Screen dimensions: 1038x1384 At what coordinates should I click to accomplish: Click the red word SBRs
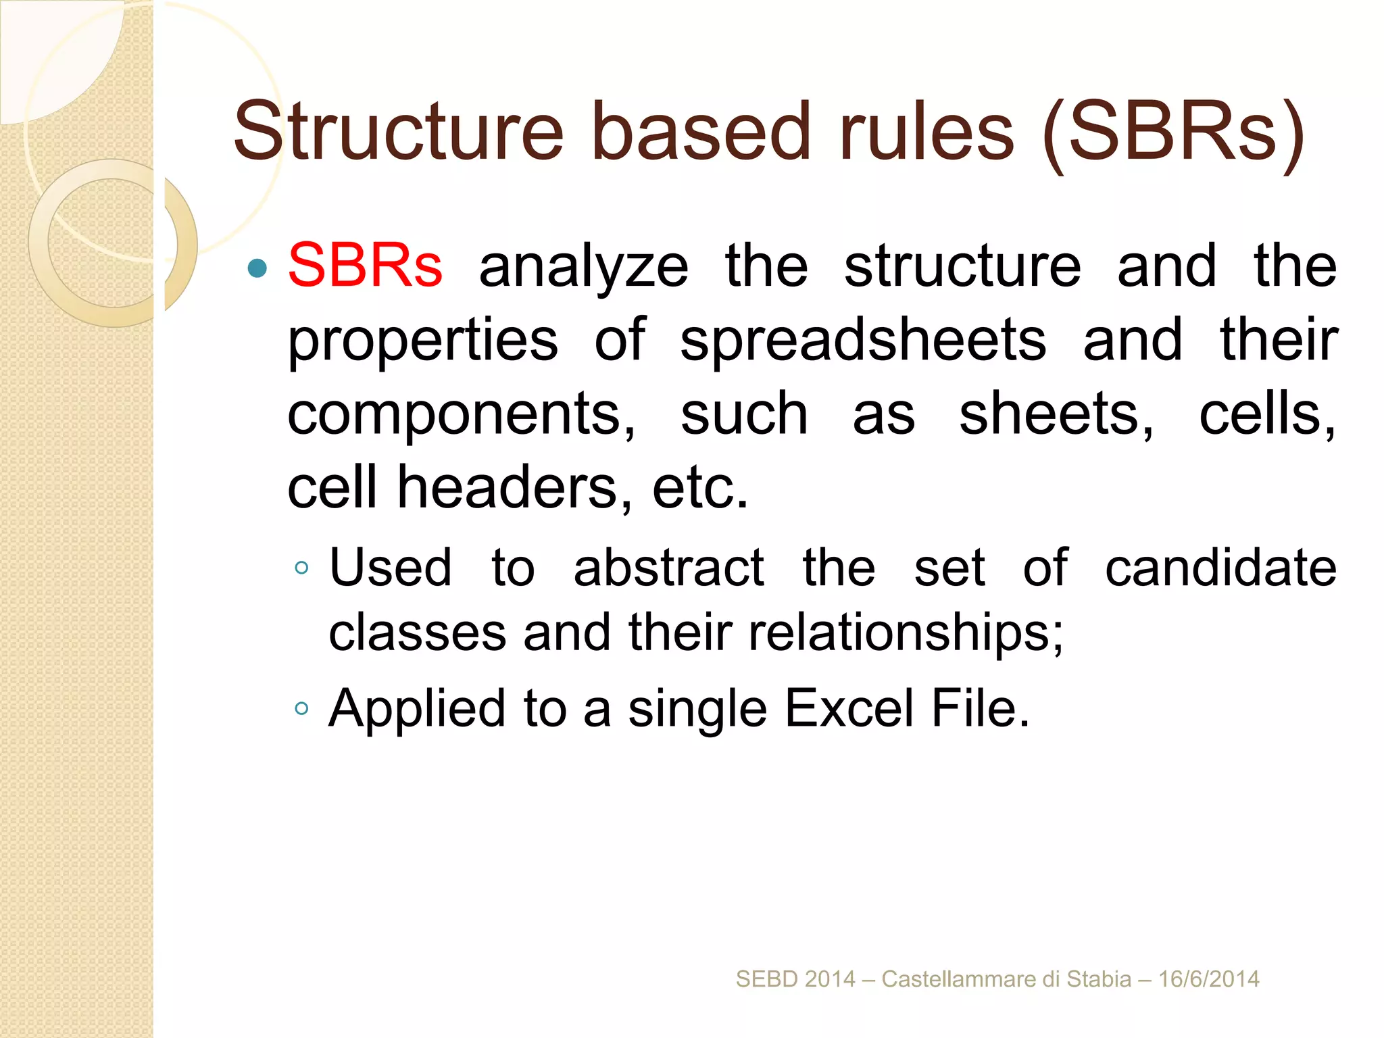[365, 266]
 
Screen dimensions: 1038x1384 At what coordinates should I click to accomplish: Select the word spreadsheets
[863, 340]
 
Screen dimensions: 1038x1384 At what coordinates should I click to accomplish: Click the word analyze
[584, 267]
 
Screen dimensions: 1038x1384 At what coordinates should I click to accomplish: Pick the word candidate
[1220, 568]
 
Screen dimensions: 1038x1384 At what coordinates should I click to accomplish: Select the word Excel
[849, 708]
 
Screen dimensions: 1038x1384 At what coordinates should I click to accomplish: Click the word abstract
[668, 568]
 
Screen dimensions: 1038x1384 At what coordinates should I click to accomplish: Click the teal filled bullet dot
[257, 268]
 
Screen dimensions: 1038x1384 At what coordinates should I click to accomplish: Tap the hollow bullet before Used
[301, 568]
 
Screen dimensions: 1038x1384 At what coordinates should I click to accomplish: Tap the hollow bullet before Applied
[301, 709]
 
